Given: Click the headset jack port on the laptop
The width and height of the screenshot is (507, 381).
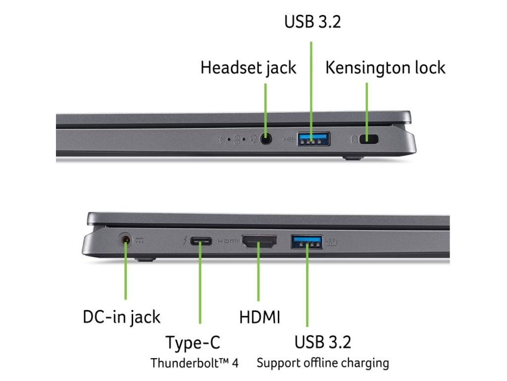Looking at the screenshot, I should click(266, 139).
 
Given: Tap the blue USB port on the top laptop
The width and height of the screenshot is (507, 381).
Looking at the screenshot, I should click(313, 139).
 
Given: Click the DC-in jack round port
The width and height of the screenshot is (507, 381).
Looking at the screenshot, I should click(126, 241).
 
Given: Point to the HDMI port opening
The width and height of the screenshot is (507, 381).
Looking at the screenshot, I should click(259, 242).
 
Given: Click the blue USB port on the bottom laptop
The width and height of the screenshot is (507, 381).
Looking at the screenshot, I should click(306, 242).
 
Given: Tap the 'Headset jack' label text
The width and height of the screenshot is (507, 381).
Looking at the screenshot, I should click(248, 67).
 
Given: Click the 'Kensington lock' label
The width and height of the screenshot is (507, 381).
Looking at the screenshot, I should click(385, 67).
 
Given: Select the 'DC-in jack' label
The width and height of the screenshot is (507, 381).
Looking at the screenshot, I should click(121, 317).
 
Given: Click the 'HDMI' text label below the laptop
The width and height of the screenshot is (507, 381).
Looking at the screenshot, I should click(259, 317).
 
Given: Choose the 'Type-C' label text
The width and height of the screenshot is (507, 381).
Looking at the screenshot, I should click(193, 342).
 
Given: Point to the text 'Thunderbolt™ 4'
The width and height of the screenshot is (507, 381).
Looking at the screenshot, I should click(195, 363).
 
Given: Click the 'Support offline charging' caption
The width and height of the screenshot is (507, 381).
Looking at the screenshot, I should click(322, 363).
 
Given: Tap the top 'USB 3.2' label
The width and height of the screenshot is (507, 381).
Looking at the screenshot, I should click(312, 22).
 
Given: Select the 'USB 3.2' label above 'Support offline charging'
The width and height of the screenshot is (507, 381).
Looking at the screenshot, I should click(322, 342).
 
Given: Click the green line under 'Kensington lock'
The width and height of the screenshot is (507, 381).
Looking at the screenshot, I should click(367, 109).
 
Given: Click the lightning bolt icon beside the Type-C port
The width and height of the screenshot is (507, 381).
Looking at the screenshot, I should click(185, 242).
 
